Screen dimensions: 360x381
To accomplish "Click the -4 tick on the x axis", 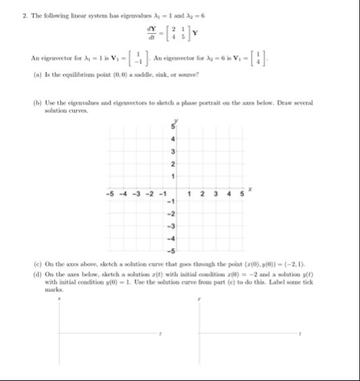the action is click(x=122, y=196).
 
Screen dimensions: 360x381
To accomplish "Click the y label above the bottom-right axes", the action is click(x=199, y=298).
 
